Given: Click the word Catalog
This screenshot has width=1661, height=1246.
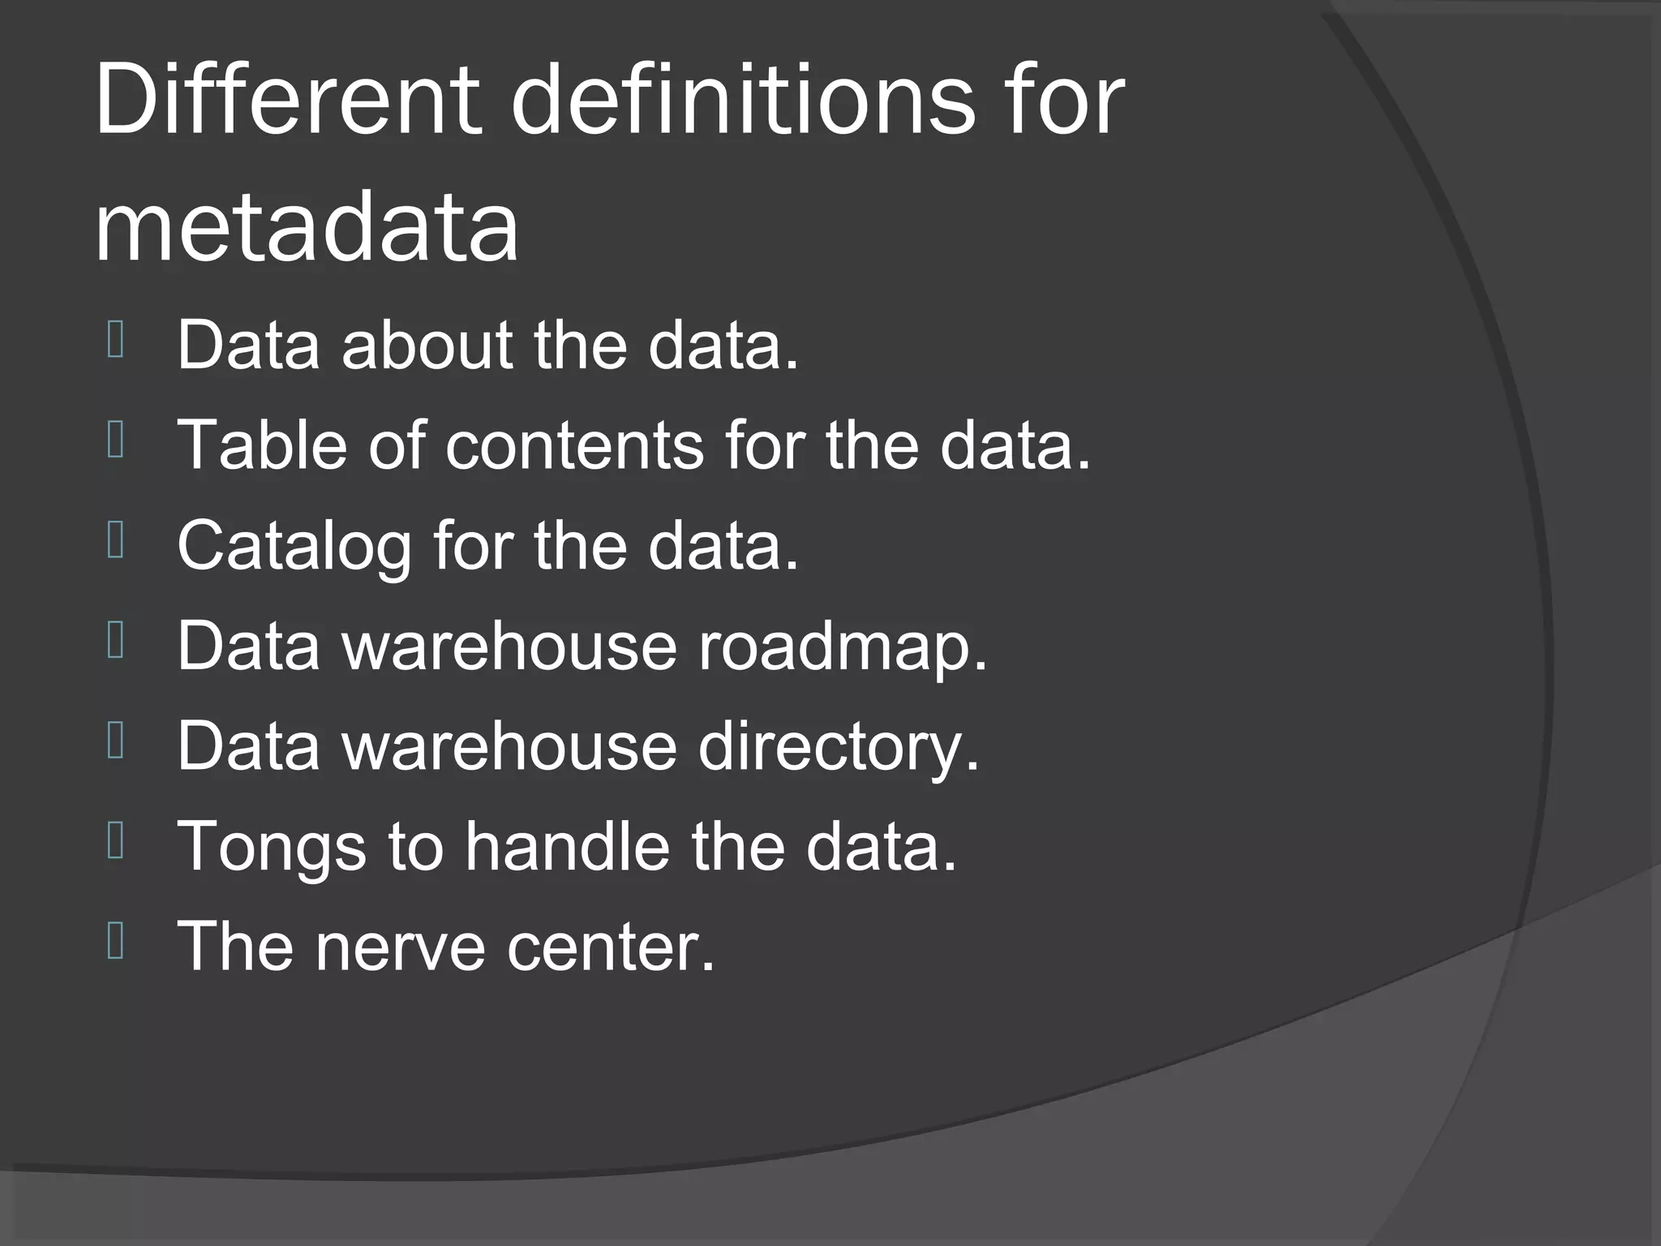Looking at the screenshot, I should tap(294, 545).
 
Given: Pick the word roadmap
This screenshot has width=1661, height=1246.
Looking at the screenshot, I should tap(843, 647).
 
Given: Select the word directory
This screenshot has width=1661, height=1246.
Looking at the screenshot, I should tap(839, 746).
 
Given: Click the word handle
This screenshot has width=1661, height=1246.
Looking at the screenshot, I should tap(567, 845).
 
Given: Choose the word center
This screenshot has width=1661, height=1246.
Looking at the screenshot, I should tap(611, 946).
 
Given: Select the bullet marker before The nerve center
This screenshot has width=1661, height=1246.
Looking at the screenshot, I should tap(116, 942).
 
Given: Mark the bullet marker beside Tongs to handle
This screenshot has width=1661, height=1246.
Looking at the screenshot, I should tap(116, 842).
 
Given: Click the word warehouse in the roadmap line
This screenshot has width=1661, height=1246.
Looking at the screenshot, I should tap(509, 647).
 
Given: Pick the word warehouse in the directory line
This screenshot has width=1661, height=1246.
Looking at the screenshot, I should tap(509, 746).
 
